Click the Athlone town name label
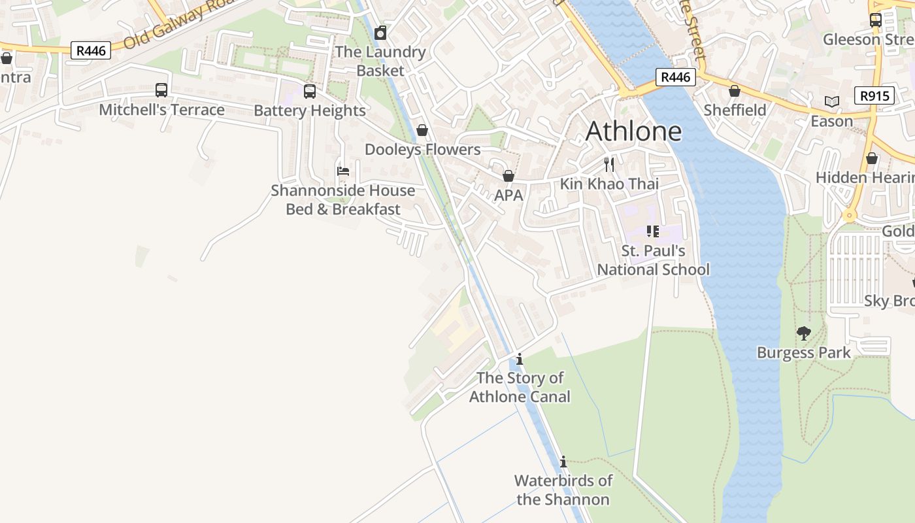[x=633, y=131]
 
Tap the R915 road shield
[x=874, y=96]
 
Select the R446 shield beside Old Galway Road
[x=91, y=50]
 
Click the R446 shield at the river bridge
[x=675, y=77]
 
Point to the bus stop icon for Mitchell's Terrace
[x=161, y=90]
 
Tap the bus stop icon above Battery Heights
[x=310, y=92]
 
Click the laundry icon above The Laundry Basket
[x=380, y=33]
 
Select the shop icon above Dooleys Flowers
[x=422, y=131]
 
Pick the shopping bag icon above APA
[x=508, y=176]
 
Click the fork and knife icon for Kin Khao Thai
[x=609, y=164]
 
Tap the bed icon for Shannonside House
[x=343, y=171]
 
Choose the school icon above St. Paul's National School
[x=652, y=231]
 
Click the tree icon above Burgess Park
[x=804, y=333]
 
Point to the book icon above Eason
[x=831, y=101]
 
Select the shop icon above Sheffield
[x=735, y=91]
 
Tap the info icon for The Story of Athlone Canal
[x=520, y=359]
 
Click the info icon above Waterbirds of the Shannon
[x=563, y=462]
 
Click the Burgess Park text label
[x=804, y=353]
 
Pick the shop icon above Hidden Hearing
[x=872, y=158]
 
